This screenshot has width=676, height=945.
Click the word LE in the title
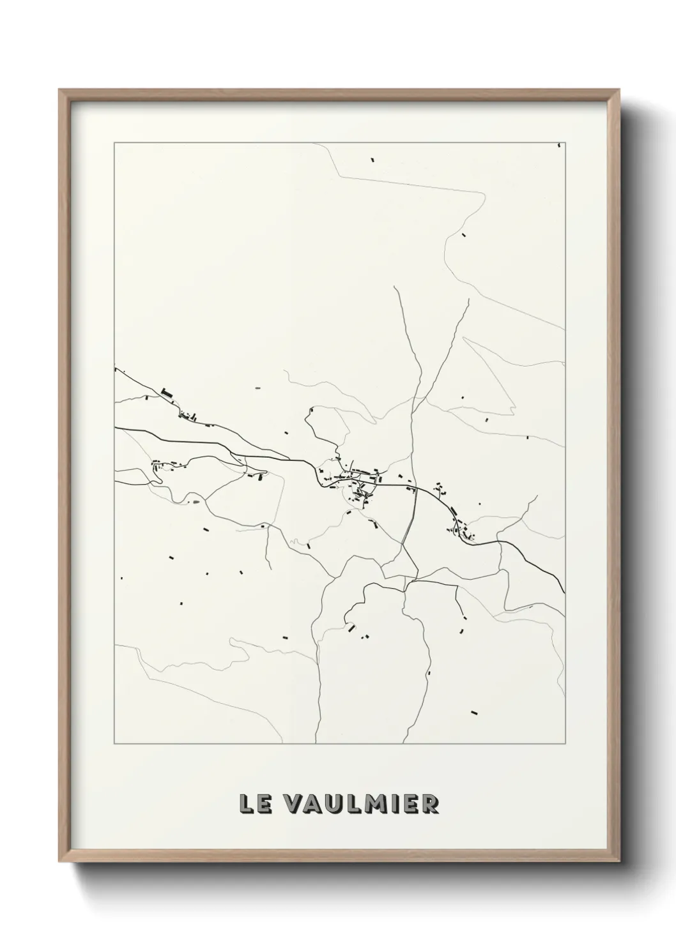point(254,804)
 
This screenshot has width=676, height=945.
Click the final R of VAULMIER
point(430,804)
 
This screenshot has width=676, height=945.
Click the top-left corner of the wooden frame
point(59,90)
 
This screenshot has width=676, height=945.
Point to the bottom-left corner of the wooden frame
point(59,862)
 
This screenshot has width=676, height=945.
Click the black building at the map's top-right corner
point(559,145)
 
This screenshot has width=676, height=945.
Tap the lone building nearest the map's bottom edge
point(474,711)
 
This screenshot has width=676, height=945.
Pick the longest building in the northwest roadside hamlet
point(167,393)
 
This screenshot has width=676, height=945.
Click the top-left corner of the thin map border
point(114,142)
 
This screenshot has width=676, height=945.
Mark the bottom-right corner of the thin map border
point(565,744)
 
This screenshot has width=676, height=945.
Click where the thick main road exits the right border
point(564,592)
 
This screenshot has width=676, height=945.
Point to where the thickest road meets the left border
point(115,427)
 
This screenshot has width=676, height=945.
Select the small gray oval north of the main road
point(258,388)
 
